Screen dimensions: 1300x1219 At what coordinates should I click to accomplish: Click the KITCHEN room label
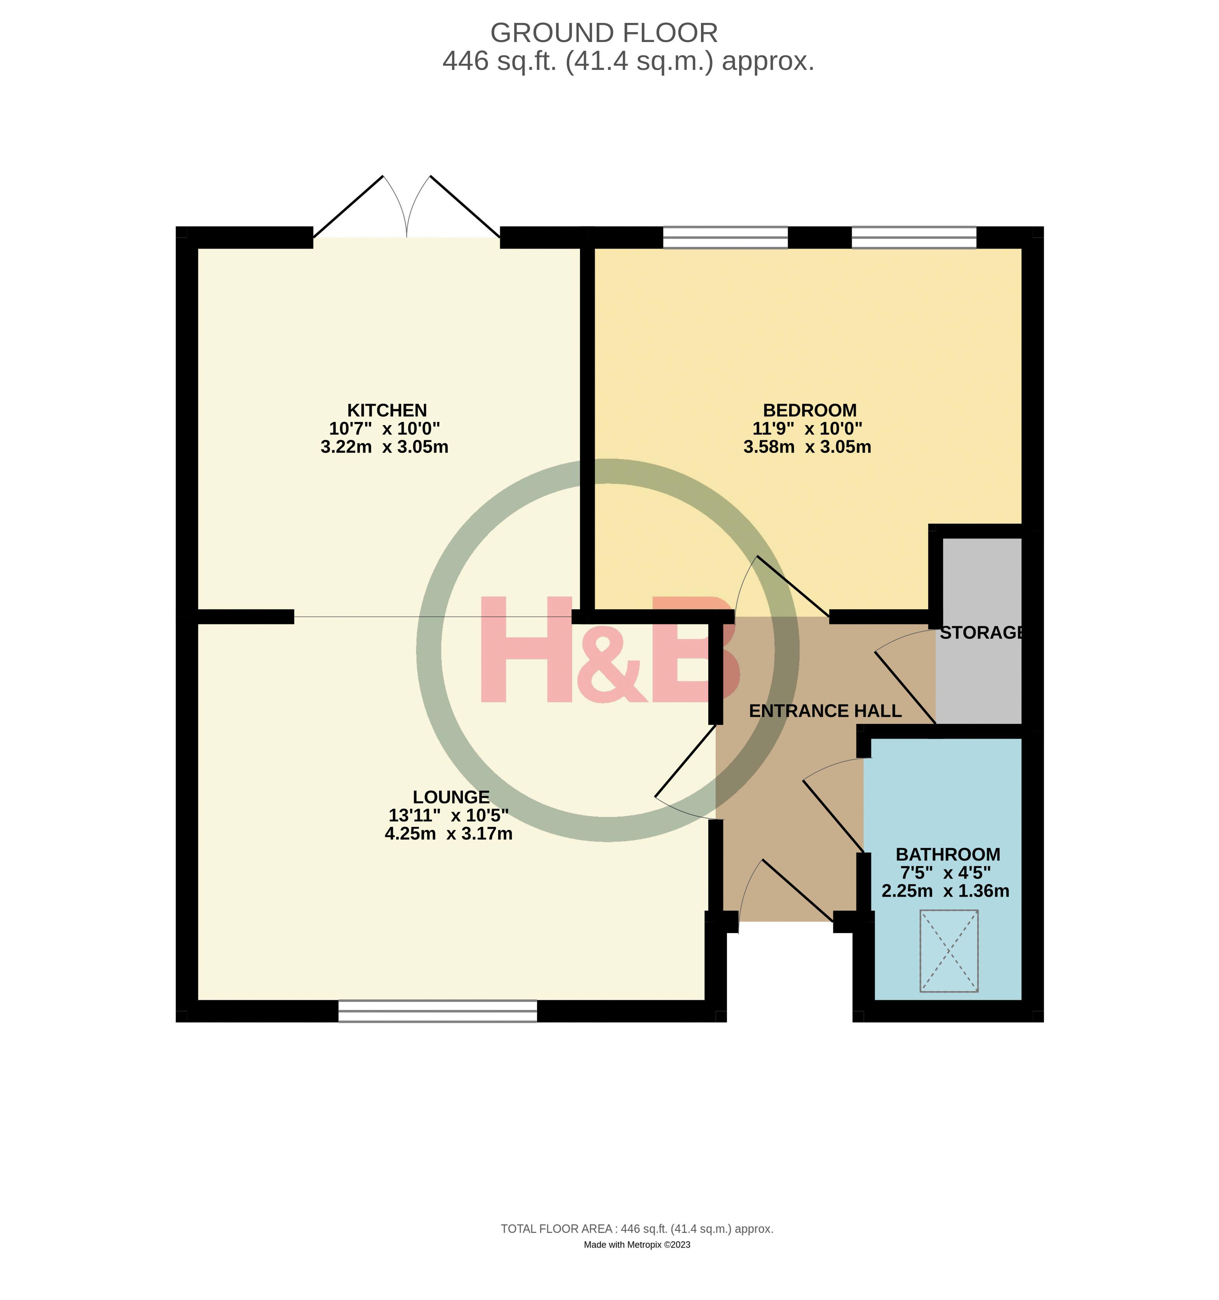[387, 410]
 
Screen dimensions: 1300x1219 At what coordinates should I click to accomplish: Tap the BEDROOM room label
[809, 410]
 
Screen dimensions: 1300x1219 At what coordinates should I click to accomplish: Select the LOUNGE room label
[451, 797]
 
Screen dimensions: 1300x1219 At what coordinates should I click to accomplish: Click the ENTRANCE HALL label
[825, 711]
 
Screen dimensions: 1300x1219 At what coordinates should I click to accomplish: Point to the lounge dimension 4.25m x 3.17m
[448, 834]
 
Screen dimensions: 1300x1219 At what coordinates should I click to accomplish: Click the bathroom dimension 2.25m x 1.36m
[945, 891]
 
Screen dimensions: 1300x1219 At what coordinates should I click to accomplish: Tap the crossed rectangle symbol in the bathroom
[949, 951]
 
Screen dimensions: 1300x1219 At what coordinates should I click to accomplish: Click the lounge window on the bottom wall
[437, 1011]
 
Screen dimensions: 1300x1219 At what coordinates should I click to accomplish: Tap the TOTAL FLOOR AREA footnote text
[636, 1229]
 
